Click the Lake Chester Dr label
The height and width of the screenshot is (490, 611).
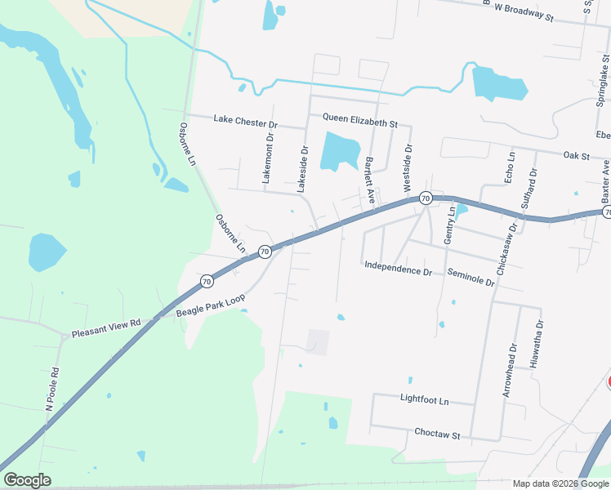pyautogui.click(x=246, y=120)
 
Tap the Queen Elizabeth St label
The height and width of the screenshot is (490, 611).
pyautogui.click(x=359, y=122)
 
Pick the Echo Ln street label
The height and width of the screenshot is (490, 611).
pyautogui.click(x=511, y=167)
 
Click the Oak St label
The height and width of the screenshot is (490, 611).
pyautogui.click(x=576, y=155)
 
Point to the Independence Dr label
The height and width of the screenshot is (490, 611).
pyautogui.click(x=398, y=266)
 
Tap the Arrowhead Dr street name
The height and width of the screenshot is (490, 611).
pyautogui.click(x=510, y=371)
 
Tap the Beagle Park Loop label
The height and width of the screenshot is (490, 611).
pyautogui.click(x=211, y=305)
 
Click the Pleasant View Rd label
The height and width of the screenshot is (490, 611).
pyautogui.click(x=105, y=328)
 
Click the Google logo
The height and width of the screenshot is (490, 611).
pyautogui.click(x=27, y=480)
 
